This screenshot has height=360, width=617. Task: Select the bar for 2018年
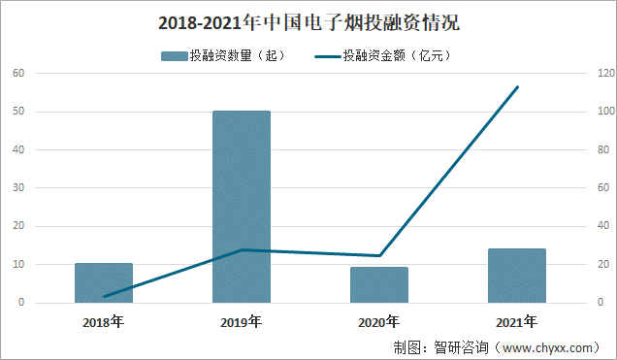[104, 282]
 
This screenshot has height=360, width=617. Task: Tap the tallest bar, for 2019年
[242, 207]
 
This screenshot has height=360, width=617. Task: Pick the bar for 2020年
[379, 284]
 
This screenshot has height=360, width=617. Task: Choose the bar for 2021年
[516, 276]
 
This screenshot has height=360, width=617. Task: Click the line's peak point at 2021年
[517, 87]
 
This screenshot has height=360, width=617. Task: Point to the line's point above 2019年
[242, 250]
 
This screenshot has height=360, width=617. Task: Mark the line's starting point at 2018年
[104, 296]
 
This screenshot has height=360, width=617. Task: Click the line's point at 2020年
[379, 256]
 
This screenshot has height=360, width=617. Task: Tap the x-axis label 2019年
[242, 321]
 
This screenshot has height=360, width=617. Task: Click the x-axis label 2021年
[516, 321]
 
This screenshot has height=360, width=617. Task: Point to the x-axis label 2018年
[104, 321]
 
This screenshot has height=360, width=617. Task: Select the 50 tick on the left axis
[18, 112]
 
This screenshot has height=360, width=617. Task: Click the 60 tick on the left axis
[18, 74]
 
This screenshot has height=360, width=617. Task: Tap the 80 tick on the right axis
[603, 150]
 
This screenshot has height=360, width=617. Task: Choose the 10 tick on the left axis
[18, 265]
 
